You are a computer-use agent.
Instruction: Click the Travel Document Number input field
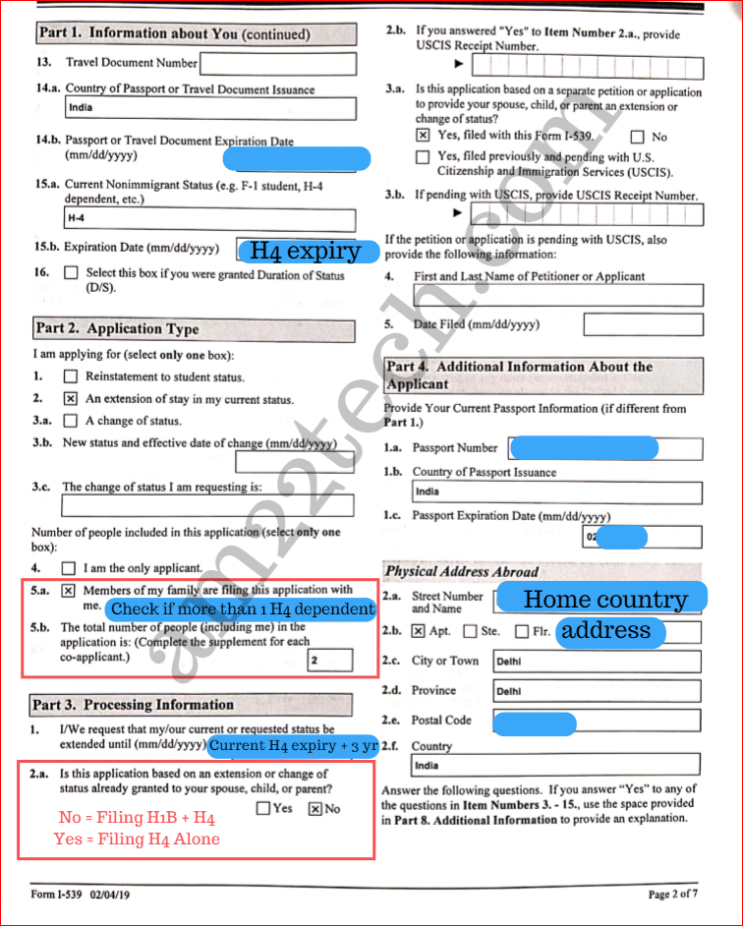coord(277,64)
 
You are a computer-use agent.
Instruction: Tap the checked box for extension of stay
coord(70,399)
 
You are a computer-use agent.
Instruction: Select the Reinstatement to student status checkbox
coord(70,376)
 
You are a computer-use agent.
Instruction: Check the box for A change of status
coord(70,421)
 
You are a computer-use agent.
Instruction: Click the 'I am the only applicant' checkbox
coord(69,568)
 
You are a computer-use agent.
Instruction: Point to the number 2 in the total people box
coord(314,661)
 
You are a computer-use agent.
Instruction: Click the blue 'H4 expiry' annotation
coord(306,251)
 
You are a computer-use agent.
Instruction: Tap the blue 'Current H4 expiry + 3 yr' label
coord(292,745)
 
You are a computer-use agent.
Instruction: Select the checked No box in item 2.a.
coord(314,809)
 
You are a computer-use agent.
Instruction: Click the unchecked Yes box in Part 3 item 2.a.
coord(263,809)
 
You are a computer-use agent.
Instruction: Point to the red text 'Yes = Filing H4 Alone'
coord(137,839)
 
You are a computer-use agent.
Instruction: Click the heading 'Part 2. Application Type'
coord(117,329)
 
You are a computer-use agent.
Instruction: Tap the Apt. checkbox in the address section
coord(419,631)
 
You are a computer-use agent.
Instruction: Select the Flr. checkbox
coord(521,631)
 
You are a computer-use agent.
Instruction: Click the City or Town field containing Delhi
coord(597,662)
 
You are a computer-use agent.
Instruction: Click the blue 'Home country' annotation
coord(604,599)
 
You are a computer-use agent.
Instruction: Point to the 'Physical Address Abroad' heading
coord(461,571)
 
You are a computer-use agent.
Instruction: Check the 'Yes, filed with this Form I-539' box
coord(423,136)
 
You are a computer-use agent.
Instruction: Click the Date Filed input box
coord(643,324)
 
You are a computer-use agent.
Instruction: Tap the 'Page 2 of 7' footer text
coord(672,895)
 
